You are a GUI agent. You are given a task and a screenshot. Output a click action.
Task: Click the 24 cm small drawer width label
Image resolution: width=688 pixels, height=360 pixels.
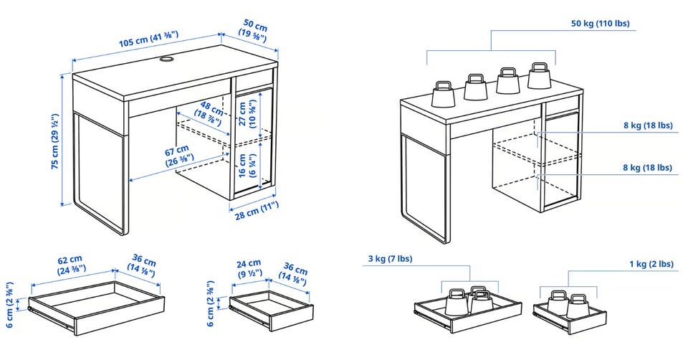pos(249,268)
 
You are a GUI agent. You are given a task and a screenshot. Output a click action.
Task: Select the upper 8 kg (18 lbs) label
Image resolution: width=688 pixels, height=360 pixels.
pos(647,125)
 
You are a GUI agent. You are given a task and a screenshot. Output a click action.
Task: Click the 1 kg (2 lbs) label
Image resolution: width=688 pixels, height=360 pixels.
pos(651,264)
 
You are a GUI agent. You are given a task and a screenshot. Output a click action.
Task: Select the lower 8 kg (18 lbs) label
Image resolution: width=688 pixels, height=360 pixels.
pos(647,168)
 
